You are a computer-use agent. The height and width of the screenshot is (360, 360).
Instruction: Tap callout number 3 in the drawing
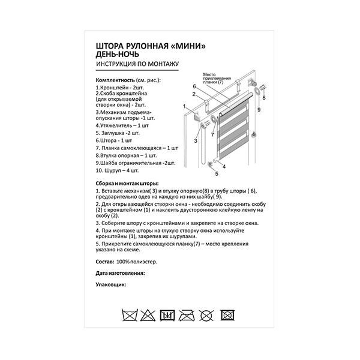(x=195, y=140)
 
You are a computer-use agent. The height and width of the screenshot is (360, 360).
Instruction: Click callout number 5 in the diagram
(x=217, y=175)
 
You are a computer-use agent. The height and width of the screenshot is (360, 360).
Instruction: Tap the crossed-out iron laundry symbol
(x=187, y=314)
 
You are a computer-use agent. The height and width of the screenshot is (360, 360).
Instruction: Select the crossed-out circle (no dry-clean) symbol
(x=208, y=314)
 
